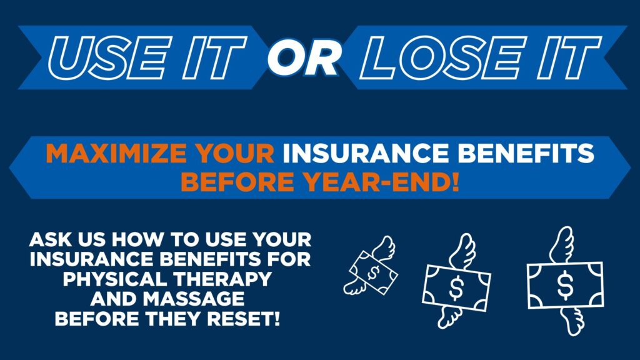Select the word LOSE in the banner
(x=443, y=57)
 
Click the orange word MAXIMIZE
(x=116, y=153)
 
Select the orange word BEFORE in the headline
(x=237, y=182)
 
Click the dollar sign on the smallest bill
(x=373, y=272)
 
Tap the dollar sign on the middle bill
(x=456, y=287)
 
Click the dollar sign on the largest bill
(x=565, y=285)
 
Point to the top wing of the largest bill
(x=562, y=245)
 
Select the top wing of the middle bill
(x=462, y=251)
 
